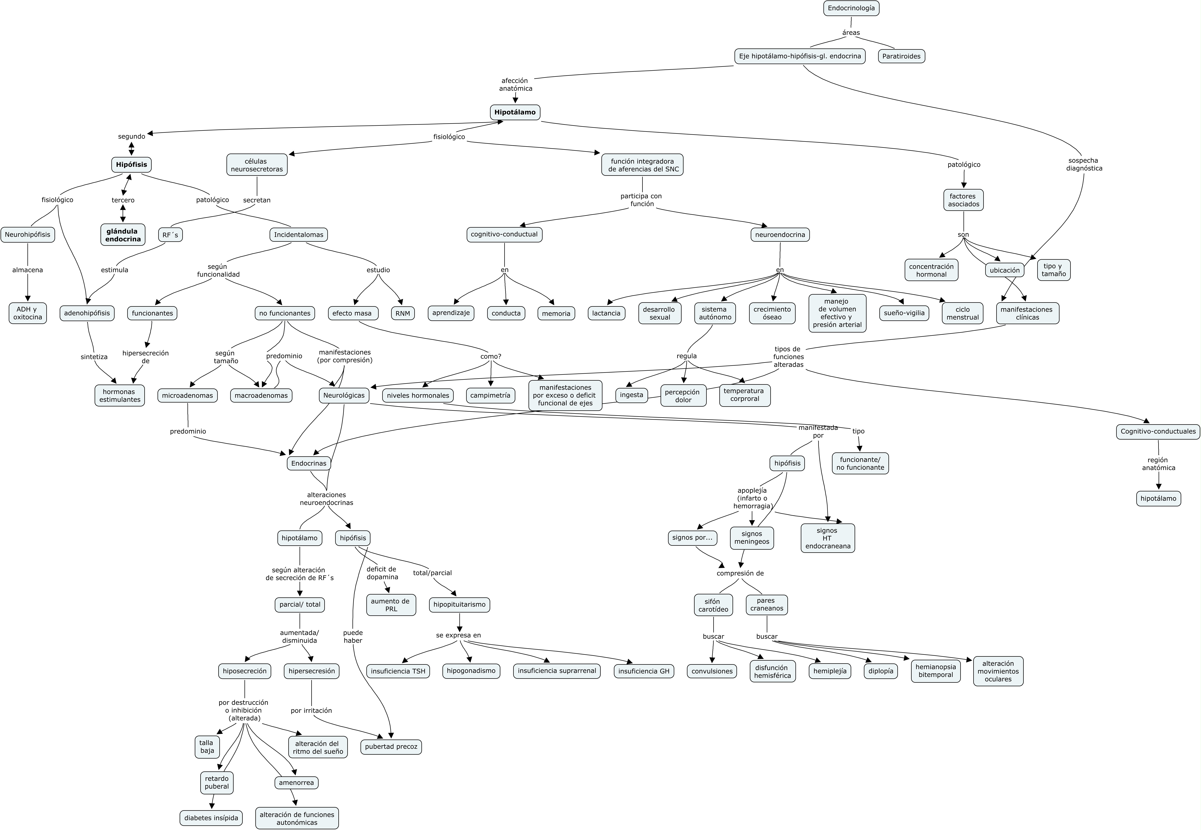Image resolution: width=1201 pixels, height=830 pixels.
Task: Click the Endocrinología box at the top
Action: coord(851,8)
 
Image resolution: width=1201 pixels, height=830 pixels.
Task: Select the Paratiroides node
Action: coord(901,56)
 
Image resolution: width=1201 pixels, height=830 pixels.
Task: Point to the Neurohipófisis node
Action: coord(28,235)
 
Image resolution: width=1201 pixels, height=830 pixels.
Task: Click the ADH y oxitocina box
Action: coord(28,313)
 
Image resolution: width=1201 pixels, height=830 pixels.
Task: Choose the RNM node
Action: coord(403,313)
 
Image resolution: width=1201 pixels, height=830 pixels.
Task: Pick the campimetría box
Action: coord(490,395)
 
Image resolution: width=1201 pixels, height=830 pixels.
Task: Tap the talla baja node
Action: coord(207,747)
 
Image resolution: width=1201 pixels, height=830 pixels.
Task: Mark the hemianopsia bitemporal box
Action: coord(935,671)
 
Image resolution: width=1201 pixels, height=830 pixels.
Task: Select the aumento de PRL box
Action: coord(391,605)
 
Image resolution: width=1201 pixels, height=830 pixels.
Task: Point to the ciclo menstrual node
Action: coord(962,313)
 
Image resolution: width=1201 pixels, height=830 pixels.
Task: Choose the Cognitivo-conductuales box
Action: coord(1158,431)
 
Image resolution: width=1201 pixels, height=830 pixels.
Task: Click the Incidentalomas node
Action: coord(299,235)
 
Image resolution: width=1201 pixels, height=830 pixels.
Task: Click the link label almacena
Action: coord(28,270)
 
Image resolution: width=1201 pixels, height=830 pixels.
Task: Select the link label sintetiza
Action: coord(94,357)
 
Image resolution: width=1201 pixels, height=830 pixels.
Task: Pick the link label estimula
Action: coord(114,270)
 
